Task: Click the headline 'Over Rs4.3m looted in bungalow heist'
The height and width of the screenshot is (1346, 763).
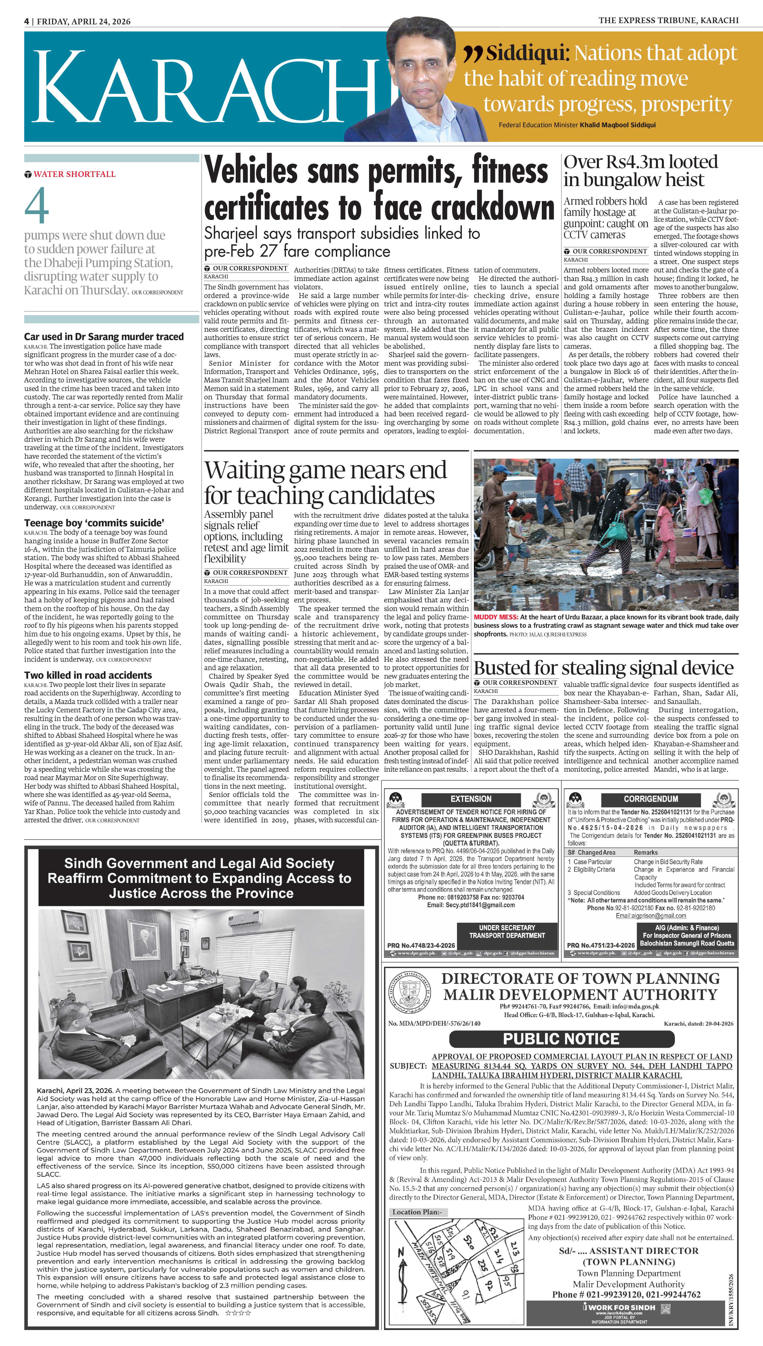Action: (x=640, y=171)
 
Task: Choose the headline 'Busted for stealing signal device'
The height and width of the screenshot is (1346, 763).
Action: (x=603, y=668)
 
